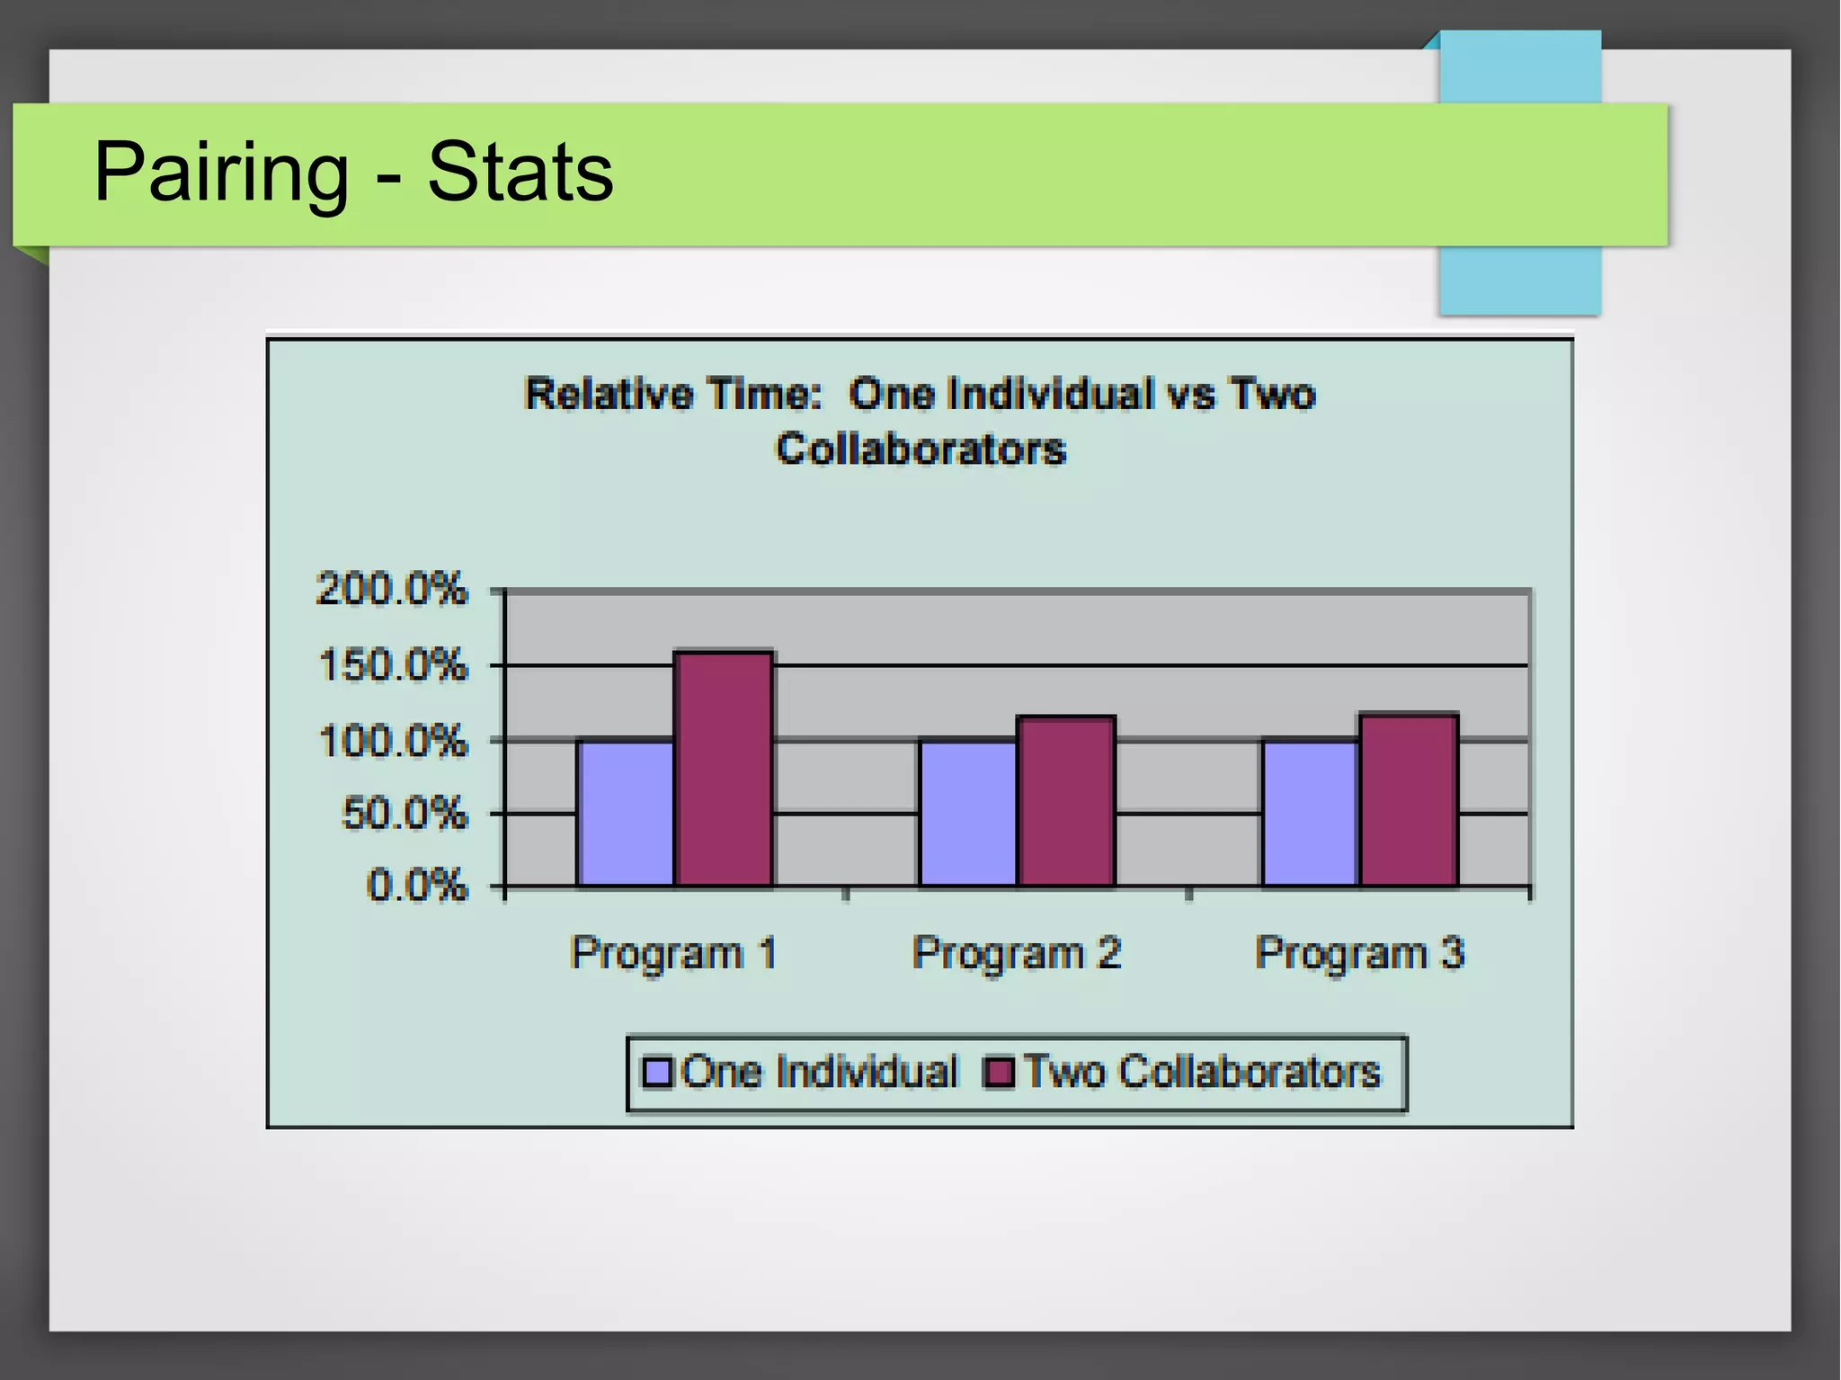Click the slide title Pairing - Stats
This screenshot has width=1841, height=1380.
353,172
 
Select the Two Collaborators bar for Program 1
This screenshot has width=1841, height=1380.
724,769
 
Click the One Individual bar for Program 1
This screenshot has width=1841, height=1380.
626,813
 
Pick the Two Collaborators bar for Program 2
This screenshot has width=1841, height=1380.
1066,801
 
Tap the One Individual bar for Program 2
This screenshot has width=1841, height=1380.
968,813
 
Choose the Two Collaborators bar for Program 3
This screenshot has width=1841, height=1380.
1409,800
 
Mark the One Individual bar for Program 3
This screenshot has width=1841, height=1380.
1311,813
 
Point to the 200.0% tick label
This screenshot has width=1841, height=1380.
392,590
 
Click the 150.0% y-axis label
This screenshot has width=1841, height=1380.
393,666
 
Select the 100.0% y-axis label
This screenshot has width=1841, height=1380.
393,742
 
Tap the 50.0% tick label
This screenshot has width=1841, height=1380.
405,814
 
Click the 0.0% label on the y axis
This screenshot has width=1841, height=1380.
417,886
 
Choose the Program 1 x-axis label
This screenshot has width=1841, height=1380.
673,953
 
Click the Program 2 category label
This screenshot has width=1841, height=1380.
1017,953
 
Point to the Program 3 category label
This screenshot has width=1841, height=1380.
1359,953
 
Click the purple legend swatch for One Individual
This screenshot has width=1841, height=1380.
658,1073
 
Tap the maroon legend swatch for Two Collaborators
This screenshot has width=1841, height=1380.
1000,1073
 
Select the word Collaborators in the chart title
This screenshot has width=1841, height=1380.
920,449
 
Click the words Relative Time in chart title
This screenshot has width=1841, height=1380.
673,395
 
